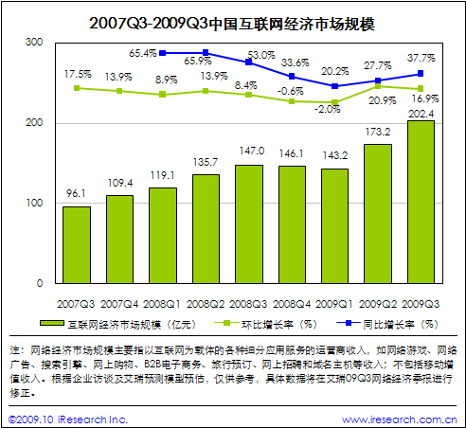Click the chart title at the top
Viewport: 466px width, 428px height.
coord(232,20)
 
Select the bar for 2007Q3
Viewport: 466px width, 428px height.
coord(76,244)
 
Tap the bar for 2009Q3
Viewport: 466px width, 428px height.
coord(421,202)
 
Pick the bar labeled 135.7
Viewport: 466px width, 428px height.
coord(206,228)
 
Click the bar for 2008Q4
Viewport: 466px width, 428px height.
coord(292,224)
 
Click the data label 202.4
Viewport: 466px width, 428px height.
coord(421,112)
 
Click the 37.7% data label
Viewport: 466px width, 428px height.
coord(421,57)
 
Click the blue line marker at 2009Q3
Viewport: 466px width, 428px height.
coord(421,73)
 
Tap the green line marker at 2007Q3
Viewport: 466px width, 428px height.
coord(77,88)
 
